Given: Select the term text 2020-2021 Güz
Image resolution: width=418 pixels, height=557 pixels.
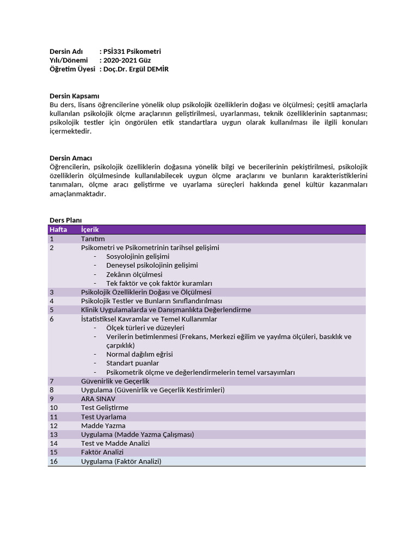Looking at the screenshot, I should [x=127, y=60].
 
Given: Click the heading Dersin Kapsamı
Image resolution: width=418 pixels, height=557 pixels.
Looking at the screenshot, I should [x=74, y=96].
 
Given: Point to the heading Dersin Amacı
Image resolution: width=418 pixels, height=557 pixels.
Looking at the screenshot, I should [x=71, y=158].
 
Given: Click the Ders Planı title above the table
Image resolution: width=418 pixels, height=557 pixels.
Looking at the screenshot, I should [x=65, y=220].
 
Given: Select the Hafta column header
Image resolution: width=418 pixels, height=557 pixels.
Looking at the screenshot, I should [x=58, y=230].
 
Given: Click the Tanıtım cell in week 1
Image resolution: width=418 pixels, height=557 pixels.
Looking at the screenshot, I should [x=93, y=239].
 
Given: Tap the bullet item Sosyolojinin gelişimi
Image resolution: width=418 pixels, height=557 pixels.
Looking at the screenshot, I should [x=138, y=257].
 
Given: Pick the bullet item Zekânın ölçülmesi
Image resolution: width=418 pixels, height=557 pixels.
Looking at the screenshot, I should [x=134, y=275].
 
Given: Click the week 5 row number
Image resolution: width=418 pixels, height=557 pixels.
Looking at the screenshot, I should [x=52, y=310].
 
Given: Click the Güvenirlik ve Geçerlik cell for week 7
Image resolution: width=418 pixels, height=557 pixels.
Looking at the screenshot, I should [x=115, y=381].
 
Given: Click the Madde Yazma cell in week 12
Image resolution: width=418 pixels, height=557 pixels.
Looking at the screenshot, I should [x=103, y=426].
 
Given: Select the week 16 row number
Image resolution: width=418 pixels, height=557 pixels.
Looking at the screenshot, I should [x=53, y=461].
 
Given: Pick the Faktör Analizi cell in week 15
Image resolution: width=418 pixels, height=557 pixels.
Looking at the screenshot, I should [x=102, y=453].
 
